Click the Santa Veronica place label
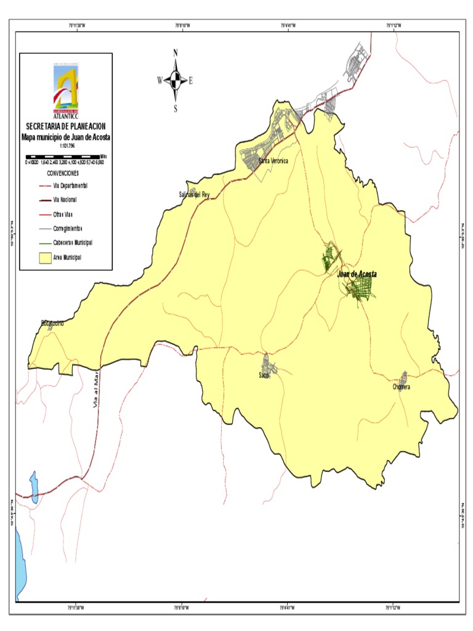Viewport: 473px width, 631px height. click(x=273, y=161)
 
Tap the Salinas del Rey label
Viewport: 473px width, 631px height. click(x=194, y=194)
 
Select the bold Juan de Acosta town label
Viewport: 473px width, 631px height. click(x=357, y=274)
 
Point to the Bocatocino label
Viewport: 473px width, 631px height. click(x=52, y=322)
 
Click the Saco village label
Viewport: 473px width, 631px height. click(x=265, y=375)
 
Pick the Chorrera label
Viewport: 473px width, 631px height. click(x=401, y=387)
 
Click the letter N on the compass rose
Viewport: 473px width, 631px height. click(x=176, y=54)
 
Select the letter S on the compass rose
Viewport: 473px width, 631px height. click(x=176, y=109)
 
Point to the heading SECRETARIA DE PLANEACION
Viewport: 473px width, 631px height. click(x=65, y=126)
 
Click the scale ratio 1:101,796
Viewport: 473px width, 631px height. click(x=65, y=145)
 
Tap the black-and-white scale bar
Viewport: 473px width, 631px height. click(x=62, y=157)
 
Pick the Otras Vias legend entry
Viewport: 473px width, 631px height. click(x=63, y=214)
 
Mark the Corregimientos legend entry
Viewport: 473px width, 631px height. click(x=68, y=228)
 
